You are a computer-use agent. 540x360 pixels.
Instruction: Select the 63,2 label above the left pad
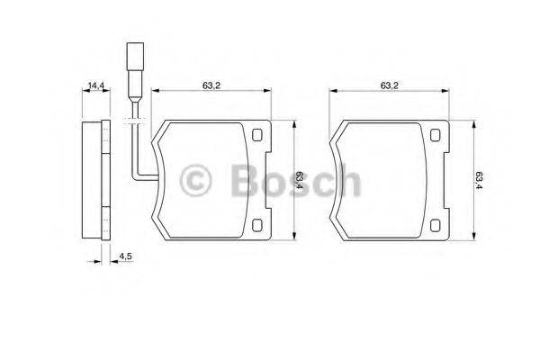click(x=211, y=85)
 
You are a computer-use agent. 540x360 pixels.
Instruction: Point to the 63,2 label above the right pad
click(x=389, y=85)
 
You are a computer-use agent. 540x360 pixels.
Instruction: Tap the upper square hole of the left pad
click(x=258, y=137)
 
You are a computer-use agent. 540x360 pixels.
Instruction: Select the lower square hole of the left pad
click(x=258, y=225)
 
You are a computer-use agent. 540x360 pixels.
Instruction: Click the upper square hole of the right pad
click(x=436, y=137)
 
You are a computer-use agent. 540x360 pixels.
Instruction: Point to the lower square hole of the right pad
click(x=436, y=225)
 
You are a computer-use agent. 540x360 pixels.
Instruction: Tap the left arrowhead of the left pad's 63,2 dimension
click(x=156, y=91)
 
